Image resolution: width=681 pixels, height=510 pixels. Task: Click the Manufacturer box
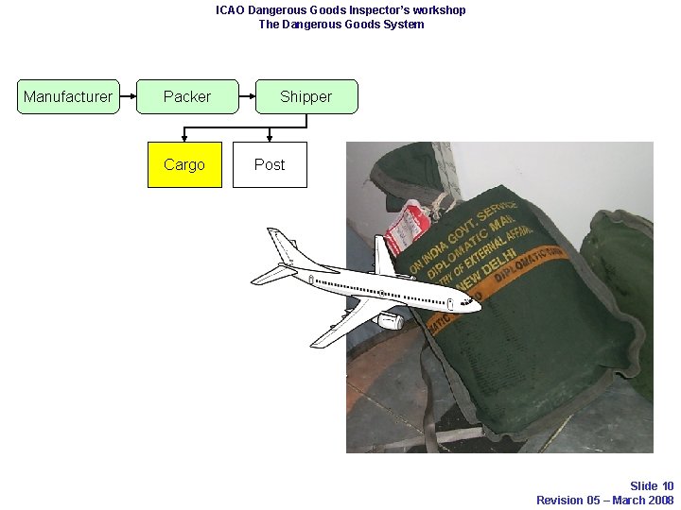(x=68, y=96)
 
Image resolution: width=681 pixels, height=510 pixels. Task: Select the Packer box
(x=187, y=96)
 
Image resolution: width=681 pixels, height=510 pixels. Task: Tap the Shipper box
(x=306, y=96)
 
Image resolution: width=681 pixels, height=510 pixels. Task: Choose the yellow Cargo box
(x=183, y=164)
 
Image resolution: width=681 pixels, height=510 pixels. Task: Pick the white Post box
(x=270, y=164)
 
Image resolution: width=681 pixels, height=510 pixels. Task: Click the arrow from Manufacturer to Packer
(x=129, y=96)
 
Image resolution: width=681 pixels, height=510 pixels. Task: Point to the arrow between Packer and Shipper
(x=247, y=96)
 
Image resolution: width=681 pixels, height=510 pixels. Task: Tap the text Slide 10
(x=651, y=486)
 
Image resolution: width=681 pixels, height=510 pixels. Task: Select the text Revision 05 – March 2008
(x=604, y=501)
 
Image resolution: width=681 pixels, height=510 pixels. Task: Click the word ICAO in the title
(x=230, y=10)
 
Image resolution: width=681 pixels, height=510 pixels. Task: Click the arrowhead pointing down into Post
(x=270, y=137)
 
